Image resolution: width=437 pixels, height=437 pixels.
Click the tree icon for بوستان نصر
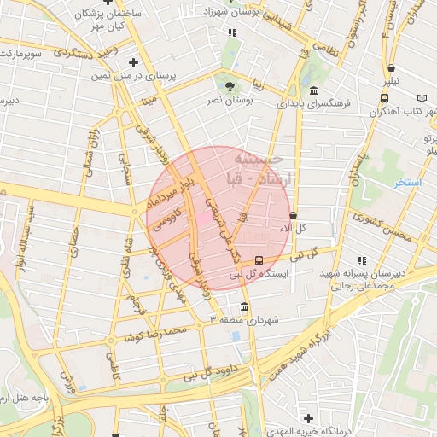pyautogui.click(x=229, y=86)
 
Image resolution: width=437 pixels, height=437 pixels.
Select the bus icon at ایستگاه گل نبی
pyautogui.click(x=259, y=260)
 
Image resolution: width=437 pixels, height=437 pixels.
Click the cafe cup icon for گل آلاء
pyautogui.click(x=294, y=216)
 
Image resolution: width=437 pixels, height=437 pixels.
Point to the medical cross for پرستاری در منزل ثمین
pyautogui.click(x=133, y=62)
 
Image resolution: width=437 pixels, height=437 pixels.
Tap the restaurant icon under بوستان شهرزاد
pyautogui.click(x=231, y=33)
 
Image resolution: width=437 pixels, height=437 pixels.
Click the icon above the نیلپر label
pyautogui.click(x=391, y=68)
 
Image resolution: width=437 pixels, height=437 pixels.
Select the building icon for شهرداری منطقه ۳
pyautogui.click(x=245, y=306)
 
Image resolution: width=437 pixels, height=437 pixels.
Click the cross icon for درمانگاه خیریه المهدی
pyautogui.click(x=308, y=418)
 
